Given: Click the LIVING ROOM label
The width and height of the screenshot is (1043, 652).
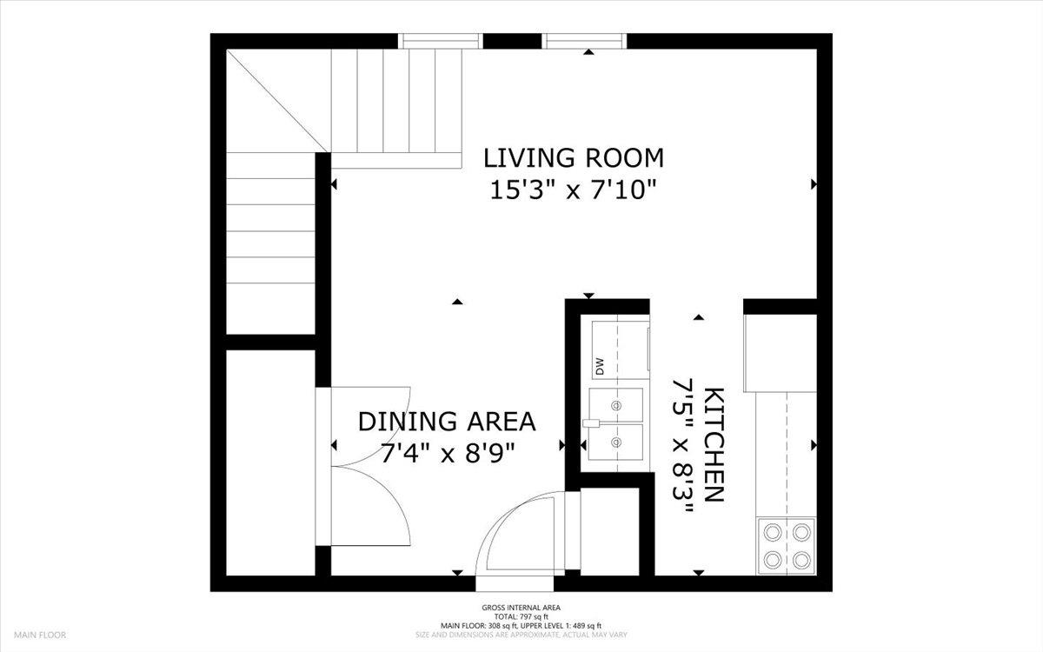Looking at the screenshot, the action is [573, 158].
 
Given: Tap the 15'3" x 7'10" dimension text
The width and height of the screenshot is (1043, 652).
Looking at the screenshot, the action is [573, 190].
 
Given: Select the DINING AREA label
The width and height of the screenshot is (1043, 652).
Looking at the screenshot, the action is [447, 422].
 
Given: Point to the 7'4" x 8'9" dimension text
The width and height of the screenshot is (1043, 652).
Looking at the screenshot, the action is [448, 453].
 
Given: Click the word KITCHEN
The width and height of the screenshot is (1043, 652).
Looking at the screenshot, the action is [714, 445].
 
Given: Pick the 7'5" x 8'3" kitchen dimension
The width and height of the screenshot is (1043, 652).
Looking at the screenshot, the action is [683, 446].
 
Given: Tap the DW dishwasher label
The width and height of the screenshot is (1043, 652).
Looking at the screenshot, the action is [599, 367].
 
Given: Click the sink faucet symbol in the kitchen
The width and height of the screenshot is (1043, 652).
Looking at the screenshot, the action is [592, 423].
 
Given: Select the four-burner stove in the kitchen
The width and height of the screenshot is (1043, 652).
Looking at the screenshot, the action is [787, 546].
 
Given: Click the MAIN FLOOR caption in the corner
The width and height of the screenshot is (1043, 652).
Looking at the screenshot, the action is [40, 635].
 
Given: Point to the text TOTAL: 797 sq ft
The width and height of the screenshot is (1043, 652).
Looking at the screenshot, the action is [521, 616].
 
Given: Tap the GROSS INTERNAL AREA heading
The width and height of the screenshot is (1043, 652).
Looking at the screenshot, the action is [521, 608].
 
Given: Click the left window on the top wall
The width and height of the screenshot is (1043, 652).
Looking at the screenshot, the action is [441, 41].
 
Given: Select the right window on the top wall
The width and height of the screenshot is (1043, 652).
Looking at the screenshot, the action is [584, 41].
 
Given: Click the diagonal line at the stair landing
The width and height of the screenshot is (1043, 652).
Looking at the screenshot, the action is [278, 101].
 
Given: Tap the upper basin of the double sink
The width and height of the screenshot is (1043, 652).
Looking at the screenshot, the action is [616, 405].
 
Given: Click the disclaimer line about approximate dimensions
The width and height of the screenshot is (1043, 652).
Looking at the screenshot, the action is [521, 635].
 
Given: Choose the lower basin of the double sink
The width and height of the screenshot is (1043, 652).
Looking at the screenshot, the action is [616, 442].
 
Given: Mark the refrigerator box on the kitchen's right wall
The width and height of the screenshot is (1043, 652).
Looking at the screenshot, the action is [781, 353].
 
